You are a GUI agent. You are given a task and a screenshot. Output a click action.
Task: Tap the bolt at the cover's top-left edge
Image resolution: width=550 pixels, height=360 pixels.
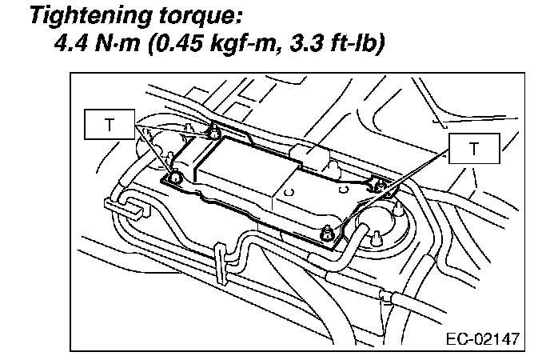(x=214, y=130)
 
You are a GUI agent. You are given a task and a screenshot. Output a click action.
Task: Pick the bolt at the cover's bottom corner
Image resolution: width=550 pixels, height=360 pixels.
(x=326, y=233)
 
